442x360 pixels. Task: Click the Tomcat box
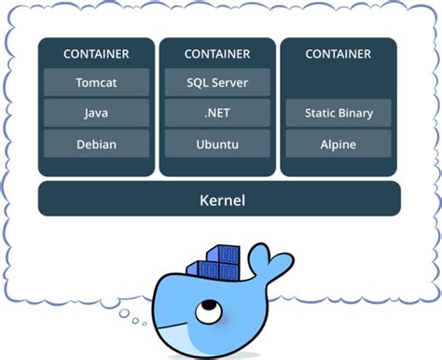pyautogui.click(x=96, y=82)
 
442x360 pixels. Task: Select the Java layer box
pyautogui.click(x=96, y=113)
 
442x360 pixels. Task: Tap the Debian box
pyautogui.click(x=96, y=144)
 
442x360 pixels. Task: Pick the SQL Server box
pyautogui.click(x=217, y=82)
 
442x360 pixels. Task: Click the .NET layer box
pyautogui.click(x=217, y=113)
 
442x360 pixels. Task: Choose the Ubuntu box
pyautogui.click(x=217, y=144)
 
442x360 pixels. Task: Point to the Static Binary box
pyautogui.click(x=338, y=113)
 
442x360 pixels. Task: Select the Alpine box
pyautogui.click(x=338, y=144)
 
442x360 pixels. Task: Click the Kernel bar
pyautogui.click(x=219, y=199)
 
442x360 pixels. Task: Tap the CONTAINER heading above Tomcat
pyautogui.click(x=96, y=54)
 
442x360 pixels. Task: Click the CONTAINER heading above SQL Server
pyautogui.click(x=217, y=54)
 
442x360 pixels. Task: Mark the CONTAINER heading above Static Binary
pyautogui.click(x=338, y=54)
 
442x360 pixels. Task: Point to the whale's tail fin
pyautogui.click(x=280, y=259)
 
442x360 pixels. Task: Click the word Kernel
pyautogui.click(x=219, y=199)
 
